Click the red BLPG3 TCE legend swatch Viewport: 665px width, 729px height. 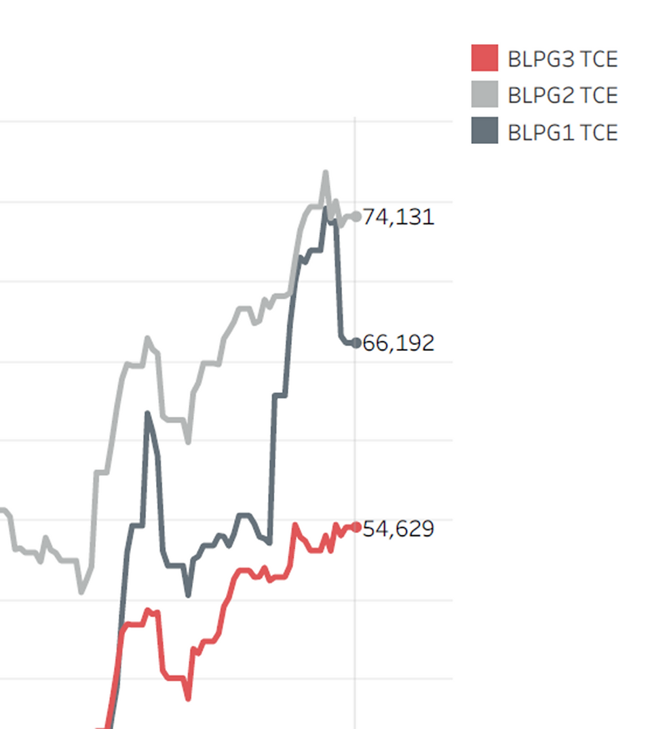pyautogui.click(x=484, y=58)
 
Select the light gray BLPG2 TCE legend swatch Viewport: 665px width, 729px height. pyautogui.click(x=484, y=94)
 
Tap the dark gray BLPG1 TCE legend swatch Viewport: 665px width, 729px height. pyautogui.click(x=484, y=131)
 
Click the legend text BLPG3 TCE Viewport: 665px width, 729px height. pyautogui.click(x=563, y=59)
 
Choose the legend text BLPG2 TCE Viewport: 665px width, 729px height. pyautogui.click(x=563, y=96)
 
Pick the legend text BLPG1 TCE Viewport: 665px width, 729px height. pyautogui.click(x=563, y=132)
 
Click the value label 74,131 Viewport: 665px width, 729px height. pyautogui.click(x=398, y=217)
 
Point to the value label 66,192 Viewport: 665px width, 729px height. pyautogui.click(x=398, y=343)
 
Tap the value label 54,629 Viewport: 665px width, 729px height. pyautogui.click(x=398, y=529)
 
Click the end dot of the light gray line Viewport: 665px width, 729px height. pyautogui.click(x=356, y=217)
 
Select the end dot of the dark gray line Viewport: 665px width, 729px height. pyautogui.click(x=356, y=343)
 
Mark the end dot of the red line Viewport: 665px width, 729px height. pyautogui.click(x=356, y=527)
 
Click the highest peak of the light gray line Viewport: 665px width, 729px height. pyautogui.click(x=326, y=173)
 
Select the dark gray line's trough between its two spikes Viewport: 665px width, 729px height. pyautogui.click(x=188, y=595)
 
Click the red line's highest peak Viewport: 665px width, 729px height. pyautogui.click(x=294, y=525)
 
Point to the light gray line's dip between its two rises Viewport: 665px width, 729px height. pyautogui.click(x=188, y=442)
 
